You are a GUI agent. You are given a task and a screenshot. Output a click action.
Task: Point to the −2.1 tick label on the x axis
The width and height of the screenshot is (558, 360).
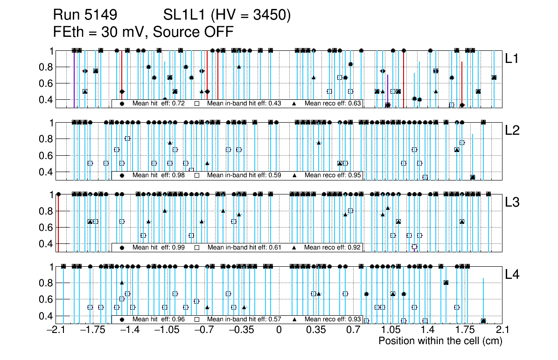(x=56, y=330)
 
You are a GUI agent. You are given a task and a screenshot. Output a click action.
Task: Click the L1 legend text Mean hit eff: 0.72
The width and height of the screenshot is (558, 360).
(x=159, y=103)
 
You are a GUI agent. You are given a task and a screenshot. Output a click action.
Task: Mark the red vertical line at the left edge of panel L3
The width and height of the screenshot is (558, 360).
(x=57, y=223)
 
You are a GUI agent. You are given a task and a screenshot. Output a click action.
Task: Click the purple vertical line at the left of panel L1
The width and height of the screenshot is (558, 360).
(x=74, y=79)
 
